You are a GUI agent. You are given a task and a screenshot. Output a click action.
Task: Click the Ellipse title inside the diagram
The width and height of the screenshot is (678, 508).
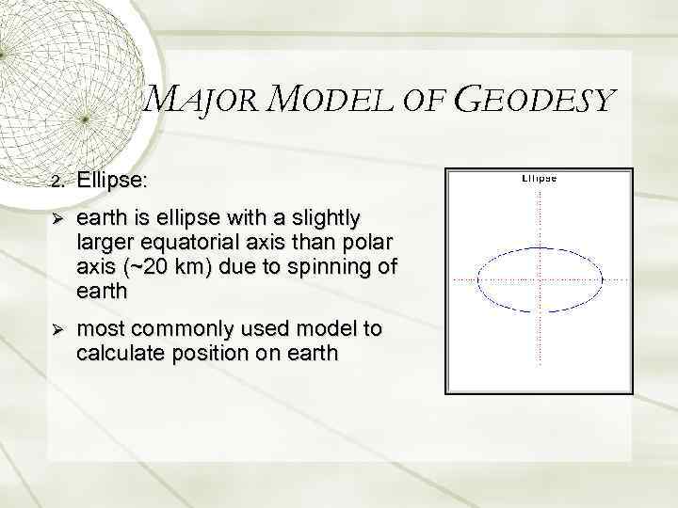(539, 179)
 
